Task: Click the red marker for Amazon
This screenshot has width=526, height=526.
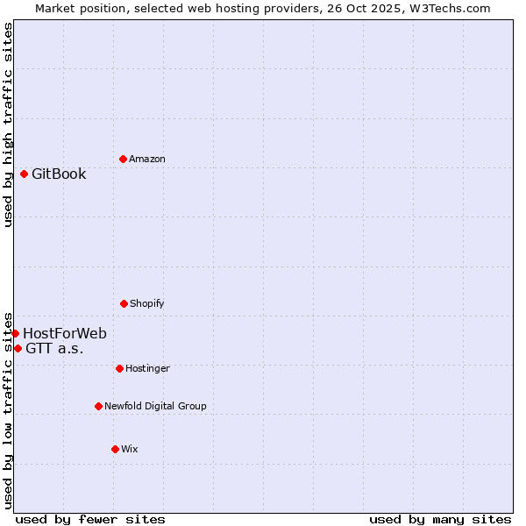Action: [x=123, y=159]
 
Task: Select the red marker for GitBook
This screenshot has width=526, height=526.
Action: [x=24, y=174]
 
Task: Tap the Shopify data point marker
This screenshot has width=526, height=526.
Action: [x=124, y=303]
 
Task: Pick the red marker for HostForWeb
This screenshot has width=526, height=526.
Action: [x=15, y=333]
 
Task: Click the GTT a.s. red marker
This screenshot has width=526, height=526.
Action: [x=18, y=348]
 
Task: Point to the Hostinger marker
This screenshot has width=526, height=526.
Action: [x=119, y=368]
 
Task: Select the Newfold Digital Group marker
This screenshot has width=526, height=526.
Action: [x=98, y=406]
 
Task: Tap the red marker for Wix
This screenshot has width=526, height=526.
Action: [x=115, y=449]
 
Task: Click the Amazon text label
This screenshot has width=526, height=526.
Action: [x=147, y=159]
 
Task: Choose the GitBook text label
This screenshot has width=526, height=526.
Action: [x=59, y=174]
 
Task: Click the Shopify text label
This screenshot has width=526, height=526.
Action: [x=147, y=303]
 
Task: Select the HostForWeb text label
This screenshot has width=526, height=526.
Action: [x=65, y=333]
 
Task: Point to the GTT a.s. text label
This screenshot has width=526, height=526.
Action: [x=54, y=348]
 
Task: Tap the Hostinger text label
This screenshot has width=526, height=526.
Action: [x=147, y=368]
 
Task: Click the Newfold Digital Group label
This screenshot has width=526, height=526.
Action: [x=155, y=406]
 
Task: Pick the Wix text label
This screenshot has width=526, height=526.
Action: [x=130, y=449]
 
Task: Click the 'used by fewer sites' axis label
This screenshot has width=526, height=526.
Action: [x=90, y=519]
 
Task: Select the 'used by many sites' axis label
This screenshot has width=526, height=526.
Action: [x=440, y=519]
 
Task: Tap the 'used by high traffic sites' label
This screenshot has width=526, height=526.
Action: [x=8, y=124]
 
